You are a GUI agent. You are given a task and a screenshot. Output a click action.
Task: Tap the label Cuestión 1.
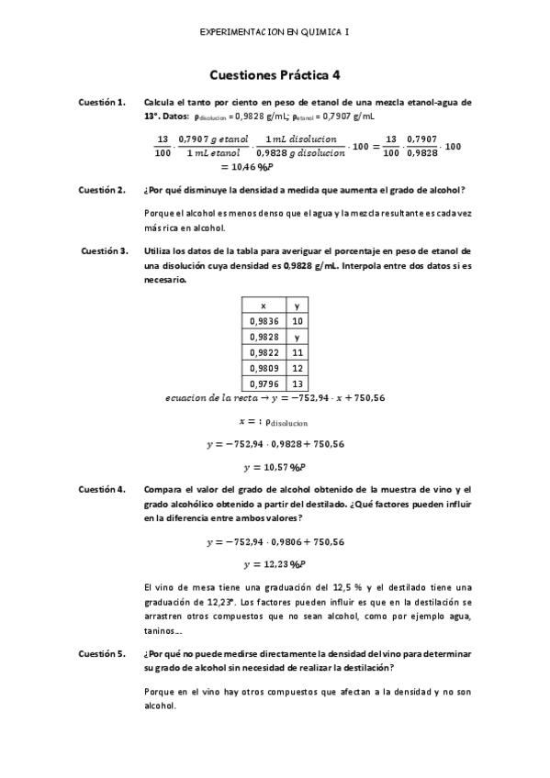102,103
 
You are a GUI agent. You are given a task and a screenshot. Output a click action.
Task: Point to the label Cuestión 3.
103,250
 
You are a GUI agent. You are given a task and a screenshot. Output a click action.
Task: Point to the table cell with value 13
297,383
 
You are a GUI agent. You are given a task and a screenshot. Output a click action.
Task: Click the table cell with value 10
297,321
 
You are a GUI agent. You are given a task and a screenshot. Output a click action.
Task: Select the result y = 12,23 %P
275,563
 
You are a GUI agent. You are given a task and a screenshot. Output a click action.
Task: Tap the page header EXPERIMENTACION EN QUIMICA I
275,31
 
